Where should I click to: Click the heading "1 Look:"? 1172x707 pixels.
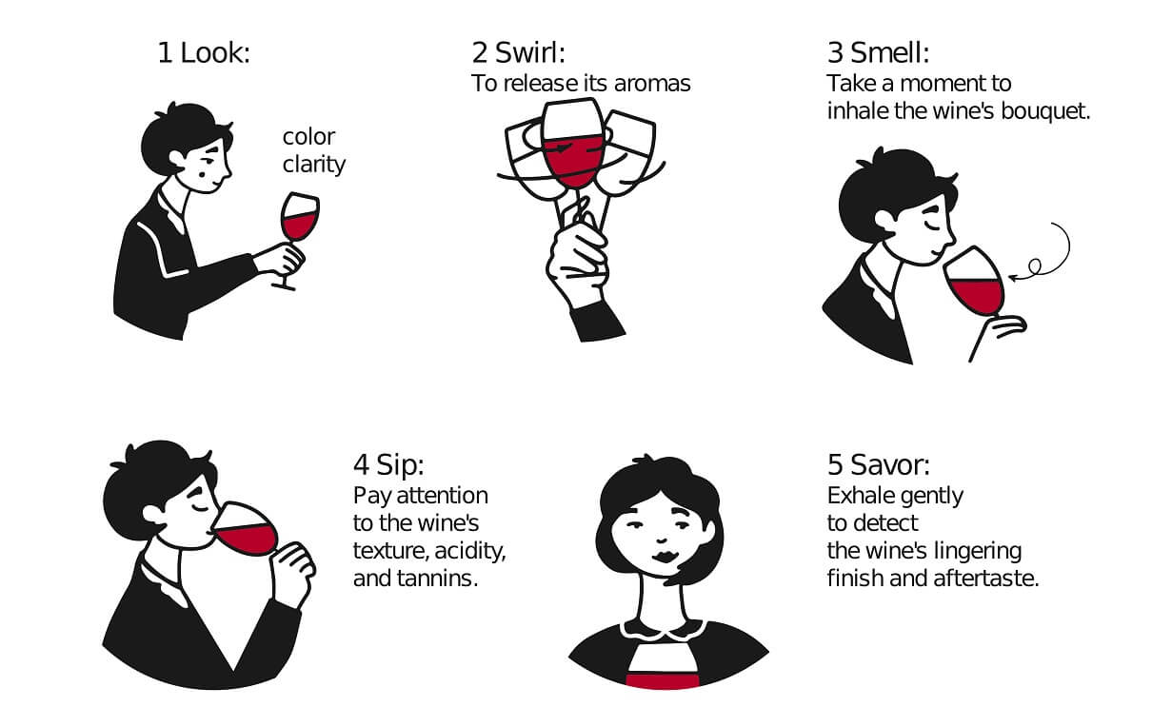tap(203, 53)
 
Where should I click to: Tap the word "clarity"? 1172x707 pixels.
tap(314, 165)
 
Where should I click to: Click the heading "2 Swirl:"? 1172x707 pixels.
tap(525, 53)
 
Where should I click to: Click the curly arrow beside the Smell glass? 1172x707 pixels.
tap(1047, 252)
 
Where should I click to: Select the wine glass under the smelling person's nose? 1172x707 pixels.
tap(973, 285)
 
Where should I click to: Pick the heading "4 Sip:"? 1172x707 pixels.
tap(388, 465)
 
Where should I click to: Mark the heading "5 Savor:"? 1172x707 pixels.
tap(879, 465)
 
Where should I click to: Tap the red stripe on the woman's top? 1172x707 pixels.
tap(664, 679)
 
